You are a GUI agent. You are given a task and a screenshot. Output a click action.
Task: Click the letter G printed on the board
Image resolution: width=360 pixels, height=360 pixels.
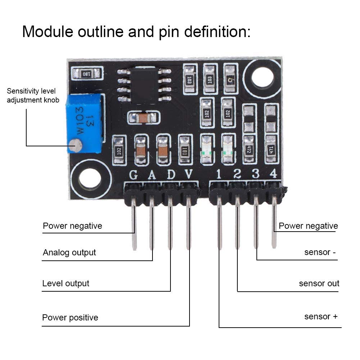133,175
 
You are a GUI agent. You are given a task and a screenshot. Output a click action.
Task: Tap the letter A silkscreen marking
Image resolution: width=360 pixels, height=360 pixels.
152,175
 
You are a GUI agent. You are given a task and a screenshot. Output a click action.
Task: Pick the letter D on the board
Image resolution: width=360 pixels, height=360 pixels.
171,175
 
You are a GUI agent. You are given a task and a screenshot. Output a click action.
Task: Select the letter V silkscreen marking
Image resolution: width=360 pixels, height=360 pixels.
189,175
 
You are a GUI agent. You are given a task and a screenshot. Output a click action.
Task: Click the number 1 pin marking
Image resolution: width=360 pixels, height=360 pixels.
218,174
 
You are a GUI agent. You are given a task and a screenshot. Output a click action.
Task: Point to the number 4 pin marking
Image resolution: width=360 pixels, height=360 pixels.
273,174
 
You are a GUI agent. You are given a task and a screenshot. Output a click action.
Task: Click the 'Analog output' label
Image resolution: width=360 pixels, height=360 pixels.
69,252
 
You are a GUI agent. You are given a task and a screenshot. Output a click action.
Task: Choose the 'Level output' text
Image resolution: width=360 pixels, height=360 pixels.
66,283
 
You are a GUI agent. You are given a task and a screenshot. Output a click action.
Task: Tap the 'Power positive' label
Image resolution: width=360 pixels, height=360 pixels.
70,318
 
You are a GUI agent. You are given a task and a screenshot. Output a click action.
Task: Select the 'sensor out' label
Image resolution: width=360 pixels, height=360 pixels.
319,283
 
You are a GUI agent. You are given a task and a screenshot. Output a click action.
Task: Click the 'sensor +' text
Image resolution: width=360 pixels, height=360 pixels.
321,316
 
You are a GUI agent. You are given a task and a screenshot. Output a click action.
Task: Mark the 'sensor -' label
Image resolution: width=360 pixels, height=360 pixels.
320,252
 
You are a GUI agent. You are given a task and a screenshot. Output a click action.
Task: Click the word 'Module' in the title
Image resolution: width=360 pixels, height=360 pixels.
47,32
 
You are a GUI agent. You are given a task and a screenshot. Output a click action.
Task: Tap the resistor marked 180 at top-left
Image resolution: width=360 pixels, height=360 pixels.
87,74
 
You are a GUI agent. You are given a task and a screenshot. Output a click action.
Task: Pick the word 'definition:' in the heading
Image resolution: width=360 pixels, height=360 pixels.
218,32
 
